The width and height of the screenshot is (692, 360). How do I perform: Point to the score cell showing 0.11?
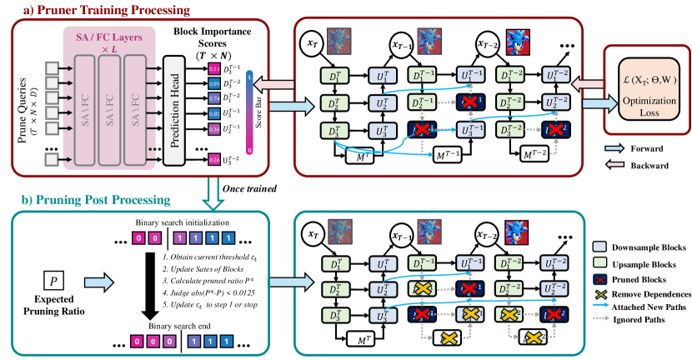click(x=213, y=68)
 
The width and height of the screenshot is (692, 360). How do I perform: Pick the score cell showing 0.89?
click(x=213, y=84)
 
